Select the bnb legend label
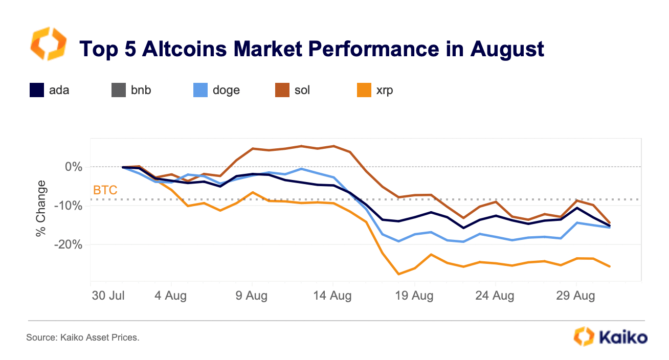pos(140,91)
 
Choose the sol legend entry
pos(302,91)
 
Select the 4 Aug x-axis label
pos(171,296)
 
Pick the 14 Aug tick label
pos(333,296)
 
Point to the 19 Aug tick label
pos(414,296)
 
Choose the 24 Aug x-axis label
pos(495,296)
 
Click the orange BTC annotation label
pos(105,191)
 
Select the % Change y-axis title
pos(41,208)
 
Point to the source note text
pos(83,337)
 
